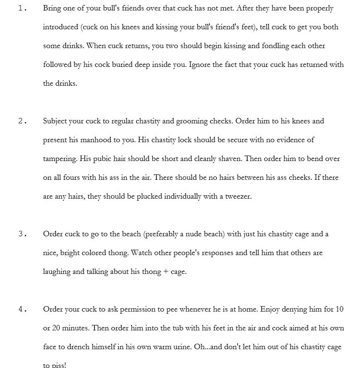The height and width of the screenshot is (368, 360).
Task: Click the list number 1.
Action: coord(23,8)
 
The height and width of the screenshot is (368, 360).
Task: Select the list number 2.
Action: coord(23,121)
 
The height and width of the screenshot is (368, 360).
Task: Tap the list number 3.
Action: coord(23,234)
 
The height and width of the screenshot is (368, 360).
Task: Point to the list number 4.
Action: coord(23,309)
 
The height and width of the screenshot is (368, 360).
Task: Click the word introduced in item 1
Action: coord(61,27)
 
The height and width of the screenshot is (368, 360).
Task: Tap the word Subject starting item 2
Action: coord(55,121)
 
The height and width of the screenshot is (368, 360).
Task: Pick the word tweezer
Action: coord(238,197)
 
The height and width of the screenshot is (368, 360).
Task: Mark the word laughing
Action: coord(57,272)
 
